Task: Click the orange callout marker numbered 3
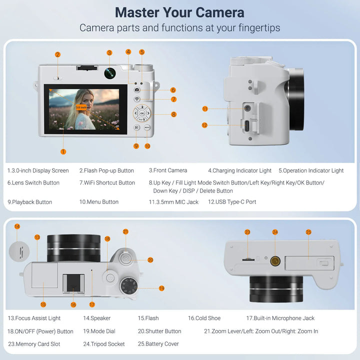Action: point(109,52)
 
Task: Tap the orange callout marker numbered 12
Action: point(204,125)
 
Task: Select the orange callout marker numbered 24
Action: point(275,232)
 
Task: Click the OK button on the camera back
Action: point(141,113)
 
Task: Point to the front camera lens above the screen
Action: point(110,73)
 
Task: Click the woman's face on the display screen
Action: point(85,98)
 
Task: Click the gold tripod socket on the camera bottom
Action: point(275,260)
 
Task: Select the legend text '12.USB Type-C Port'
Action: point(232,202)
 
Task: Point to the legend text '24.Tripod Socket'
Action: point(104,344)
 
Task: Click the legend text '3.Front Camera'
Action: point(168,170)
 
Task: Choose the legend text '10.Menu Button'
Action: point(98,202)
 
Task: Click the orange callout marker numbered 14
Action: point(17,226)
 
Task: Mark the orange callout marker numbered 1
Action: point(63,151)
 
